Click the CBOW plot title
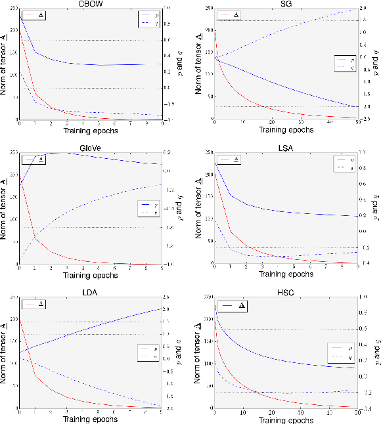tap(91, 4)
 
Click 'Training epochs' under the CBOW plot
tap(91, 130)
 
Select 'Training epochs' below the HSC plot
tap(286, 418)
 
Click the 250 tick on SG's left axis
tap(208, 8)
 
